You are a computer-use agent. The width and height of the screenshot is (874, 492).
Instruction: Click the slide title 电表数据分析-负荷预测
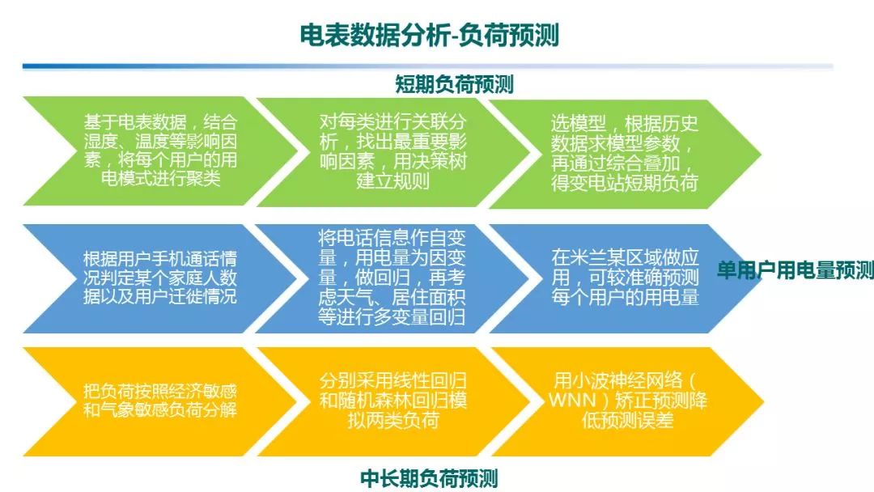click(x=429, y=35)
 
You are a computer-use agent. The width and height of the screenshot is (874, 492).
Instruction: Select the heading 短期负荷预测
click(x=454, y=83)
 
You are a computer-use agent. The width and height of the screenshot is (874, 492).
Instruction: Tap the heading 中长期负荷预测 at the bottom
click(x=429, y=478)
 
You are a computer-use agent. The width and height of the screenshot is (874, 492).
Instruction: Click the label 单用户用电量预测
click(x=796, y=270)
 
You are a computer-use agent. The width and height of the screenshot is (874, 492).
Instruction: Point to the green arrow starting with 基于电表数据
click(x=154, y=151)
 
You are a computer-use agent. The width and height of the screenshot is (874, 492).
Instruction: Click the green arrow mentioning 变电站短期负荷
click(x=623, y=152)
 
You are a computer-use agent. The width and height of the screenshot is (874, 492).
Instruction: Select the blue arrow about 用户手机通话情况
click(x=154, y=278)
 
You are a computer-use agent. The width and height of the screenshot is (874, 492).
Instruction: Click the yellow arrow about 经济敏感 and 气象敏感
click(x=154, y=401)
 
